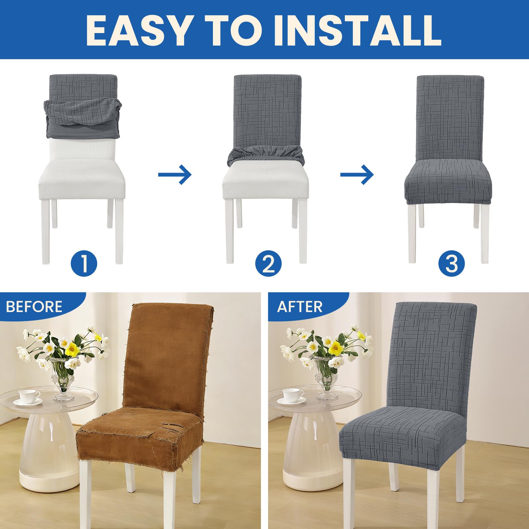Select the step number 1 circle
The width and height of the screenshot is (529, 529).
click(x=84, y=264)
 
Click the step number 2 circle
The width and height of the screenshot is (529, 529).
click(x=268, y=264)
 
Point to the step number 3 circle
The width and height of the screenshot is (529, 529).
click(x=452, y=264)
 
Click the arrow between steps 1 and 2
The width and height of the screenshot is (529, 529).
click(x=175, y=174)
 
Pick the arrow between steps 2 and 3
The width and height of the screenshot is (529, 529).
click(x=357, y=174)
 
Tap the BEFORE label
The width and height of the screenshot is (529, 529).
click(x=34, y=307)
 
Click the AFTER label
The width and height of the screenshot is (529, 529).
click(x=300, y=307)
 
